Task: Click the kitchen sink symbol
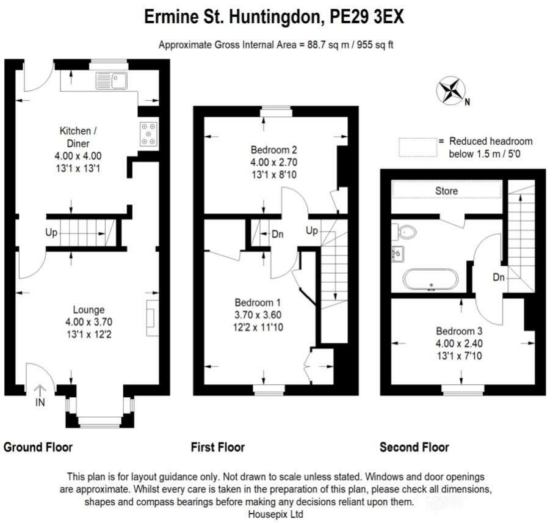(111, 81)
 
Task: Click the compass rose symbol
(450, 90)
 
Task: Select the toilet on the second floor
(405, 231)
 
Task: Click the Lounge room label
(89, 310)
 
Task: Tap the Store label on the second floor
(446, 191)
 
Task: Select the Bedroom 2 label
(273, 150)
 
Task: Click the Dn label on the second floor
(499, 277)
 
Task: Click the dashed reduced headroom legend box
(417, 147)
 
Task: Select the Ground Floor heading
(38, 447)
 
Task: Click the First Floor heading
(218, 447)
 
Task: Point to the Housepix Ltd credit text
(275, 514)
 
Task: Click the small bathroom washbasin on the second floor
(398, 254)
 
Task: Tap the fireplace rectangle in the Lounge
(152, 317)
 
